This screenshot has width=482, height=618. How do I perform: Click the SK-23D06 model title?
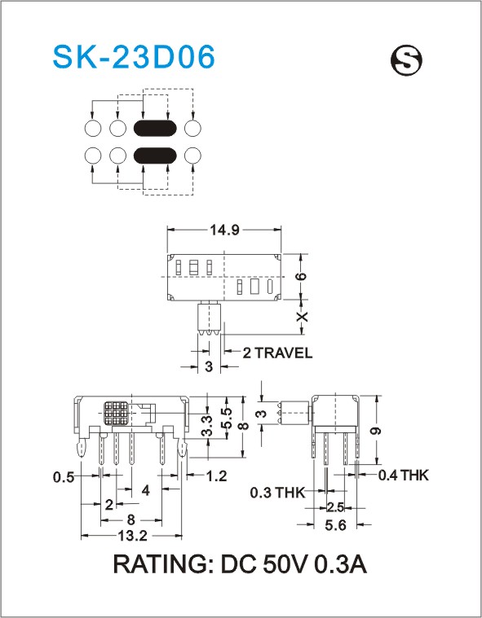click(134, 57)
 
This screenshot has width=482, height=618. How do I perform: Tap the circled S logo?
click(406, 60)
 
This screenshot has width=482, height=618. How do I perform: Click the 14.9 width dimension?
click(224, 230)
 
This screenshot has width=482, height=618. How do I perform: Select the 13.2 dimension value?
click(133, 536)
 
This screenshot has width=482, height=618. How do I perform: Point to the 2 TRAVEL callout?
click(277, 353)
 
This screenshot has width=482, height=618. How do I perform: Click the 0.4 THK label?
click(403, 476)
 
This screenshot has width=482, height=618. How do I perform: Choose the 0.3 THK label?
click(278, 493)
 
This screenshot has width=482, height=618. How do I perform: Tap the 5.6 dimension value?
click(335, 525)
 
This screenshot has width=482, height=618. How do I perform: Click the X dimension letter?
click(302, 317)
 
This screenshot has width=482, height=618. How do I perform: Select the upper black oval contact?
click(155, 128)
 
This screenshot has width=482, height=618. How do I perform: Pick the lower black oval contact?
click(155, 156)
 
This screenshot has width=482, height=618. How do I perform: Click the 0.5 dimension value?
click(64, 477)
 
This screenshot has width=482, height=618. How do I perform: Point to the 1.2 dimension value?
click(217, 476)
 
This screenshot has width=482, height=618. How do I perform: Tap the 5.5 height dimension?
click(226, 419)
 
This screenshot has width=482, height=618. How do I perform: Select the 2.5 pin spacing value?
click(335, 507)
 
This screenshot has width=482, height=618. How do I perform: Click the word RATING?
click(162, 565)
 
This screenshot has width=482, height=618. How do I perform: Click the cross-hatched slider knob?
click(117, 413)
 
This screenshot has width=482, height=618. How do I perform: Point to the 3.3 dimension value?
click(207, 426)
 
